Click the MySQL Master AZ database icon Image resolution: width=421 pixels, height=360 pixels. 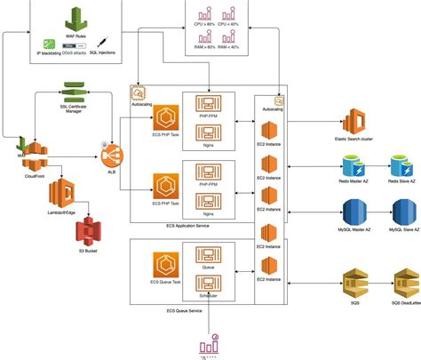(x=353, y=214)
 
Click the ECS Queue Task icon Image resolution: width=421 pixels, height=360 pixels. (x=166, y=265)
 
